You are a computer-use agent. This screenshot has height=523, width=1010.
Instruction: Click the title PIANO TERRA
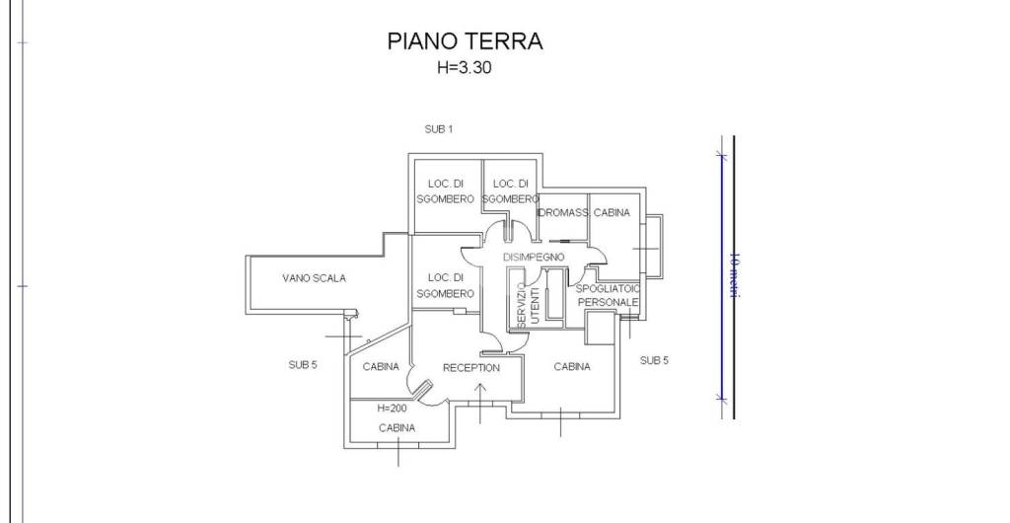[x=465, y=41]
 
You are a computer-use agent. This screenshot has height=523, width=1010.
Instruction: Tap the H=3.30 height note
[x=464, y=68]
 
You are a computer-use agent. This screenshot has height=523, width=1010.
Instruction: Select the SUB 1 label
[x=438, y=129]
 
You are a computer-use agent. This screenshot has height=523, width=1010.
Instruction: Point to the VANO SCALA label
[x=314, y=278]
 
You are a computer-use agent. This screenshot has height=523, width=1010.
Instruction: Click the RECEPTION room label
[x=470, y=368]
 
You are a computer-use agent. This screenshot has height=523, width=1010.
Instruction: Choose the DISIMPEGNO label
[x=533, y=257]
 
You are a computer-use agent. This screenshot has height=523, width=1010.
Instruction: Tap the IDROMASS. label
[x=562, y=213]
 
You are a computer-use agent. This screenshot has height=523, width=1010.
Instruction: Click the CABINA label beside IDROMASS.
[x=612, y=213]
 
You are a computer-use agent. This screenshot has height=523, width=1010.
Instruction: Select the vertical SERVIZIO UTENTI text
[x=528, y=306]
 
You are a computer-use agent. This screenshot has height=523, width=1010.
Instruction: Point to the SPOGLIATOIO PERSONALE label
[x=609, y=294]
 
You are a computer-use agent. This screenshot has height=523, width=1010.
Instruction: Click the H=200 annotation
[x=393, y=408]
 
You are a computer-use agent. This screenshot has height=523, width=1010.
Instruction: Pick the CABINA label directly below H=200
[x=397, y=428]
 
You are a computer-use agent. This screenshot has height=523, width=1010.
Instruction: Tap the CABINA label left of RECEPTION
[x=381, y=367]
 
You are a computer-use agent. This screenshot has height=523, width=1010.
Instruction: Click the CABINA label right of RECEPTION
[x=572, y=367]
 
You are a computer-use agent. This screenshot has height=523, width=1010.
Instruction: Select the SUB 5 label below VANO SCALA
[x=302, y=364]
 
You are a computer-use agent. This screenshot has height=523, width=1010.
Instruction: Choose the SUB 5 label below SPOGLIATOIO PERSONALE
[x=653, y=360]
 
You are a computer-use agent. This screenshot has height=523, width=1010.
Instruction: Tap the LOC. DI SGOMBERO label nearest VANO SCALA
[x=445, y=285]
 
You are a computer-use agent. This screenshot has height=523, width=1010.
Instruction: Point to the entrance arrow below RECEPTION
[x=480, y=400]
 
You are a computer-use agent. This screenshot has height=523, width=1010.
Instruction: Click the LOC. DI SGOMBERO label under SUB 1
[x=445, y=191]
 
